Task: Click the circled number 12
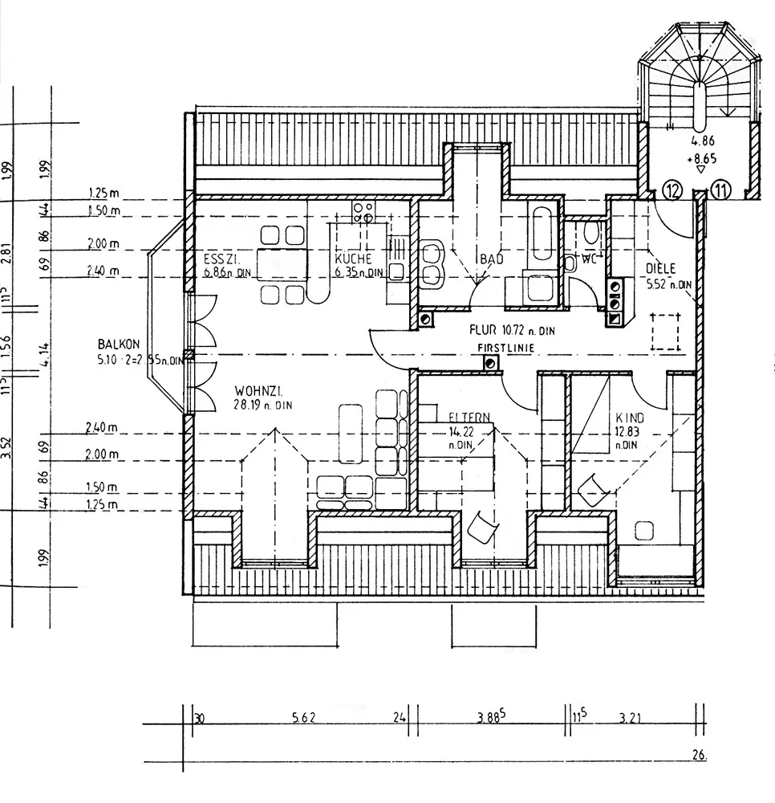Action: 673,191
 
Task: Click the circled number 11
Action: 722,191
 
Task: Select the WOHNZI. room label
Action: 257,392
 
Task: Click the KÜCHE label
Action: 353,259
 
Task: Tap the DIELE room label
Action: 661,269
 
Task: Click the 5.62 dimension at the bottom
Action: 303,717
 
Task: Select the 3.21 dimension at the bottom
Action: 631,717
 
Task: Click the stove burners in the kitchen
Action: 363,211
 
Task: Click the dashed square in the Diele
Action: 664,332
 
